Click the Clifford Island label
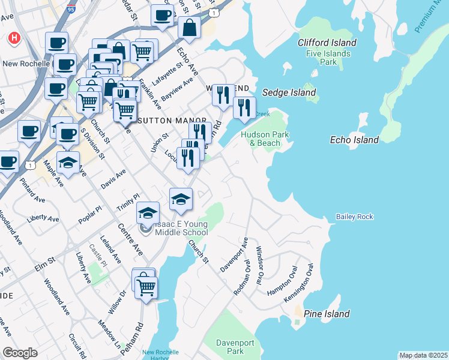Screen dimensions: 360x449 coord(327,43)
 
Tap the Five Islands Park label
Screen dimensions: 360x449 coord(328,58)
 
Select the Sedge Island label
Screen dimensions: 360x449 coord(289,92)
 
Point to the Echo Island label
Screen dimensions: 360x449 coord(355,140)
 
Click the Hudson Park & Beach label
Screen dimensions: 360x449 coord(261,139)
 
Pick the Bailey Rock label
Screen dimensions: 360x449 coord(355,217)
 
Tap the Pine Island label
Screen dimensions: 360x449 coord(327,314)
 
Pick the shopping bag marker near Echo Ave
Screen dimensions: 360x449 coord(189,28)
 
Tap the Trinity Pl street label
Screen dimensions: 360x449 coord(128,202)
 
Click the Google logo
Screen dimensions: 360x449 coord(20,352)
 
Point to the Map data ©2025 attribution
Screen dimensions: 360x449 coord(423,355)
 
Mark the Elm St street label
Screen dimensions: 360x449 coord(44,262)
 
